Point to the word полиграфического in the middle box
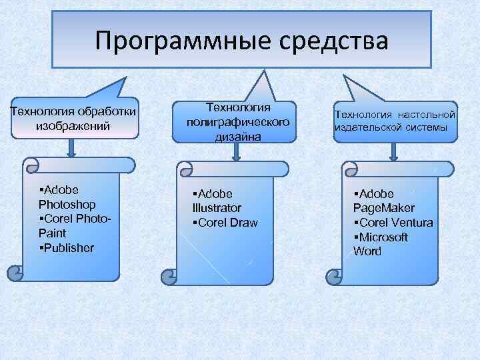pos(238,122)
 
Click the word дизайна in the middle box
pos(238,136)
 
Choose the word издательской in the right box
pos(367,127)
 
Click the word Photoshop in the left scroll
pos(67,204)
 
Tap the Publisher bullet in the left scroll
pos(67,248)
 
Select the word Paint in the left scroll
pos(53,233)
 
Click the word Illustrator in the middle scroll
pos(217,208)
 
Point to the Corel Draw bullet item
pos(225,223)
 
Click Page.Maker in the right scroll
pos(383,208)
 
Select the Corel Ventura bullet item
pos(393,223)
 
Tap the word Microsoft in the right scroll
pos(383,237)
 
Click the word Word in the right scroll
pos(367,251)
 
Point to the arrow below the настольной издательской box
pos(393,153)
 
